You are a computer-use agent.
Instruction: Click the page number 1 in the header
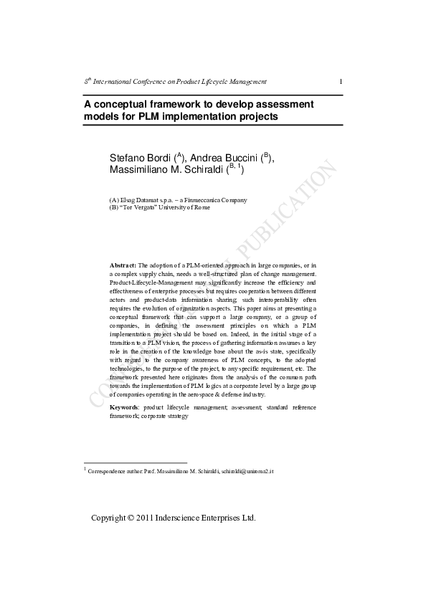point(340,82)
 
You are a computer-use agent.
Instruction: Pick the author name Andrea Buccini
point(224,157)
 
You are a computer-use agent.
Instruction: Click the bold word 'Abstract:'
point(122,265)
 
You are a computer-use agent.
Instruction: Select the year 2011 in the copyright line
point(146,518)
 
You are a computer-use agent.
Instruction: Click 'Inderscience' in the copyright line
point(181,518)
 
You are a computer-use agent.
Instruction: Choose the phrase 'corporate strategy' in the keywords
point(165,415)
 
